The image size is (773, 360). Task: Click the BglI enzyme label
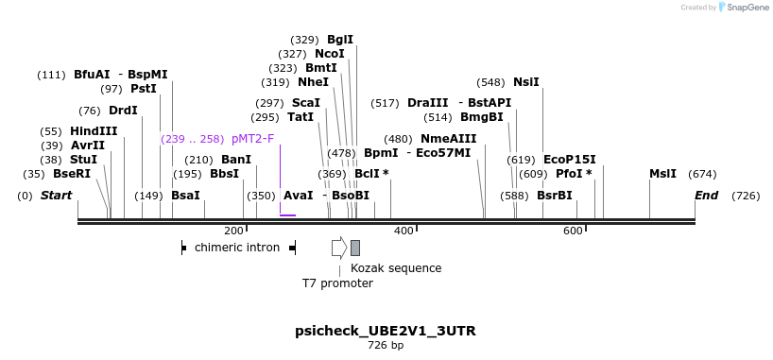(339, 40)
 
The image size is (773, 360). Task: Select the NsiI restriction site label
(525, 82)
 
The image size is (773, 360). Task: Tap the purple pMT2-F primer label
(252, 139)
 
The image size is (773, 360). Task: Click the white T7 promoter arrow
(339, 248)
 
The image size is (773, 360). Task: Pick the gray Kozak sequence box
(355, 248)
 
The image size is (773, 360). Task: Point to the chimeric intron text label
(237, 248)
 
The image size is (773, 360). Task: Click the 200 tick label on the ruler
(233, 231)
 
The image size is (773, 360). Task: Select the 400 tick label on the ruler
(404, 231)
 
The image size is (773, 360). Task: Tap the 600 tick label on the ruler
(573, 231)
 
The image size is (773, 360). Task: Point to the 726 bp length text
(386, 346)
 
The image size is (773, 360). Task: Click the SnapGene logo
(744, 8)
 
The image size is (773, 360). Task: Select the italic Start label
(56, 196)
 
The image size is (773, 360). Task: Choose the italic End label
(706, 196)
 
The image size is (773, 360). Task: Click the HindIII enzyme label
(94, 131)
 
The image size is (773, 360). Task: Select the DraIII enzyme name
(428, 103)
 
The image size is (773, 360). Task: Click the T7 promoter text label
(337, 283)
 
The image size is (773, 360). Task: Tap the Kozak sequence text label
(396, 267)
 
